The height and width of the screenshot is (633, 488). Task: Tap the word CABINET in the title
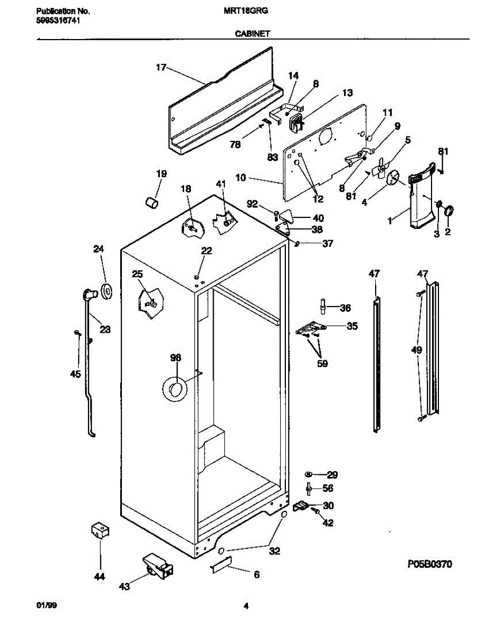pyautogui.click(x=252, y=33)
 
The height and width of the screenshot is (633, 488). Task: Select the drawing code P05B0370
pyautogui.click(x=429, y=564)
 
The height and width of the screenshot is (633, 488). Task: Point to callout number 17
pyautogui.click(x=161, y=68)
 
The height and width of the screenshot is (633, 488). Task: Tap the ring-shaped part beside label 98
pyautogui.click(x=174, y=389)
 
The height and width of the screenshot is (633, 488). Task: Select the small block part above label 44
pyautogui.click(x=100, y=530)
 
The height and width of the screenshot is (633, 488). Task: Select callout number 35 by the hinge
pyautogui.click(x=351, y=327)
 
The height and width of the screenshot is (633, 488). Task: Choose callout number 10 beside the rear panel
pyautogui.click(x=241, y=178)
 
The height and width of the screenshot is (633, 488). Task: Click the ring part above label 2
pyautogui.click(x=449, y=211)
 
